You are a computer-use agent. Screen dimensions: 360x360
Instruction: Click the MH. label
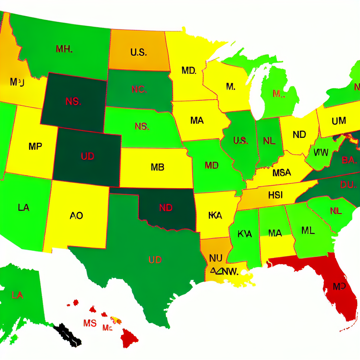pos(64,49)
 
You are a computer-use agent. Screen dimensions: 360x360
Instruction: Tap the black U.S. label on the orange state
pos(138,52)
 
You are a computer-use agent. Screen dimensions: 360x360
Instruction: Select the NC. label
pos(139,89)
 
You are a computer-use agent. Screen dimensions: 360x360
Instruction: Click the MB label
pos(157,167)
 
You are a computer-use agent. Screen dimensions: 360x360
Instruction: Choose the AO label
pos(76,215)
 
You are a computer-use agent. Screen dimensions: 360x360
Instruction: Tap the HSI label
pos(275,195)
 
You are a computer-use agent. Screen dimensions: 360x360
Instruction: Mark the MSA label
pos(282,173)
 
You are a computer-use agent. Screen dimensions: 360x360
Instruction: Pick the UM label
pos(339,121)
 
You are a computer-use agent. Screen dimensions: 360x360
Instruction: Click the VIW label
pos(320,153)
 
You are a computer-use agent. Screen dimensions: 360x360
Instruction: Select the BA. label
pos(349,160)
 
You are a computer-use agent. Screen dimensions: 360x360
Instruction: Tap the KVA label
pos(245,233)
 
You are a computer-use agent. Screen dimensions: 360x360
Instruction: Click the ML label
pos(308,230)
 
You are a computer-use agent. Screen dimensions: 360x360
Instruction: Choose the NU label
pos(215,258)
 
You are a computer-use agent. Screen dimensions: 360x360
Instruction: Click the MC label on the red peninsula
pos(339,286)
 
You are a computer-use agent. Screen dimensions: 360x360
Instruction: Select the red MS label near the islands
pos(90,323)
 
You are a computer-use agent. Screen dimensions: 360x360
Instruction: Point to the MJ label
pos(17,82)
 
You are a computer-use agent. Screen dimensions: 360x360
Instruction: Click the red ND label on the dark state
pos(166,207)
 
